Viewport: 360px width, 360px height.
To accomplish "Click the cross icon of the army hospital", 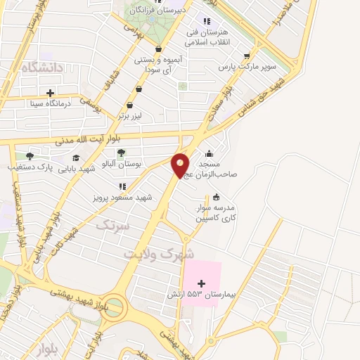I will (202, 282).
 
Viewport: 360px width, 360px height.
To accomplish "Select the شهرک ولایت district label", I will (159, 252).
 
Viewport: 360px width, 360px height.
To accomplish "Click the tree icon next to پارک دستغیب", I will (29, 156).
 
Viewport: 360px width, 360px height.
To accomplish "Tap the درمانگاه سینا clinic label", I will (50, 103).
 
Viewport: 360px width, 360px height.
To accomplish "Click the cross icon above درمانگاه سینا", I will (50, 93).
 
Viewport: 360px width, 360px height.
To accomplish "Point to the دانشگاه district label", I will (42, 67).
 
